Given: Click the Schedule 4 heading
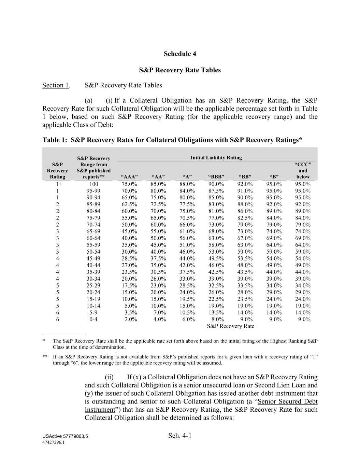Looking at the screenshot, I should [180, 54].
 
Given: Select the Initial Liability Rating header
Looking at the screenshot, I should [216, 157].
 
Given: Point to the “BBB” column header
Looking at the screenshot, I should [216, 176].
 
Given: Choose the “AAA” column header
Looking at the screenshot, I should [129, 176].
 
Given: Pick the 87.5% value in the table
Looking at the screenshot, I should [216, 191].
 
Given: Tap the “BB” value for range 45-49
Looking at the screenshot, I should [245, 258].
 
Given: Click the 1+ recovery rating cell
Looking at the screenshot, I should [58, 184].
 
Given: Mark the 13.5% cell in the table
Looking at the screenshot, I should [216, 313].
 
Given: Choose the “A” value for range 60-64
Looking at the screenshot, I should [187, 238].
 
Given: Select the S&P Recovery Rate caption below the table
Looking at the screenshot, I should [231, 326].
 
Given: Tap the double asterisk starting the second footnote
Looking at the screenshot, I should [45, 357].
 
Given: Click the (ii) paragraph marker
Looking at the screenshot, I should [109, 377].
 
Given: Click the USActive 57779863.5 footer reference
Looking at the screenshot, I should [65, 437].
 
